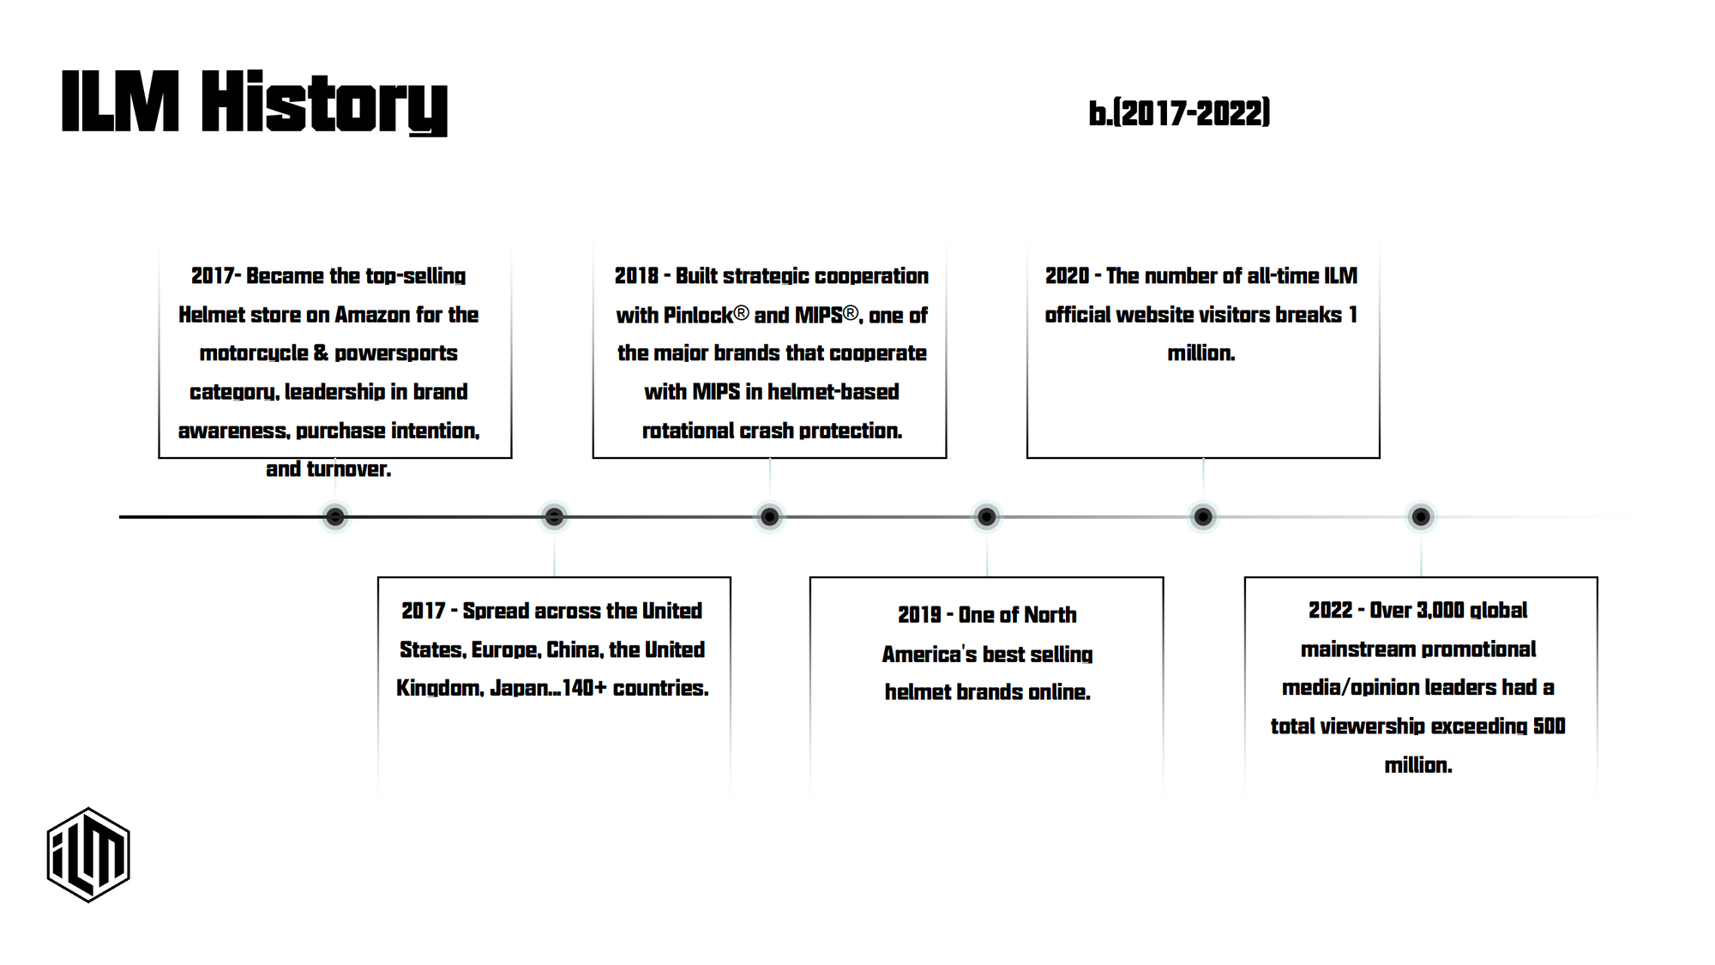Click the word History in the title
pos(325,103)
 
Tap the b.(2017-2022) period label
pos(1179,113)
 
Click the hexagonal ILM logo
pos(88,854)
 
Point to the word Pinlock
pos(698,316)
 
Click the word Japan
pos(519,688)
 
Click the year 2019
pos(919,615)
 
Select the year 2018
pos(636,276)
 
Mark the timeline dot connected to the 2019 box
pos(986,516)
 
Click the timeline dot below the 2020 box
pos(1203,516)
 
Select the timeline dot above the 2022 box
pos(1421,516)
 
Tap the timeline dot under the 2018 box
pos(769,516)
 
